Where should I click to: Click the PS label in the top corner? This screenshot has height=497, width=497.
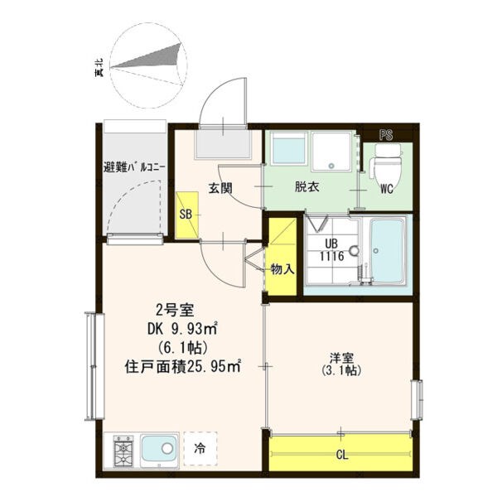click(x=386, y=135)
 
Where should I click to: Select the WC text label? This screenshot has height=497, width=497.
click(x=387, y=189)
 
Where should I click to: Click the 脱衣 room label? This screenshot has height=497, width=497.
click(x=306, y=187)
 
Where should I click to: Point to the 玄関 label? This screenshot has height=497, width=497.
click(x=220, y=188)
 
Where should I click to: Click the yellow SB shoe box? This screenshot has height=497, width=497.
click(x=187, y=215)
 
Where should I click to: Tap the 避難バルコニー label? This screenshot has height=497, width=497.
click(x=134, y=167)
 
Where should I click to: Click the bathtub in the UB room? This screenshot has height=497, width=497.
click(x=388, y=250)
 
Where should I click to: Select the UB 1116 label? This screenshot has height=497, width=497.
click(x=331, y=250)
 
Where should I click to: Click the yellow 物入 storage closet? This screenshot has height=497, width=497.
click(x=282, y=255)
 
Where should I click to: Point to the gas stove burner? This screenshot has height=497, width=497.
click(x=123, y=451)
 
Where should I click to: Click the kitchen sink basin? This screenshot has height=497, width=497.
click(x=158, y=449)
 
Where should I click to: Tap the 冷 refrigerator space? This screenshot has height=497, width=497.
click(x=200, y=448)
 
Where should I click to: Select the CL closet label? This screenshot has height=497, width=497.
click(x=341, y=456)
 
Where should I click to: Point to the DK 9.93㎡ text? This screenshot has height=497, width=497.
click(x=182, y=330)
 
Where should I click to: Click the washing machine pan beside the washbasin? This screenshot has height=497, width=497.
click(x=331, y=152)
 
